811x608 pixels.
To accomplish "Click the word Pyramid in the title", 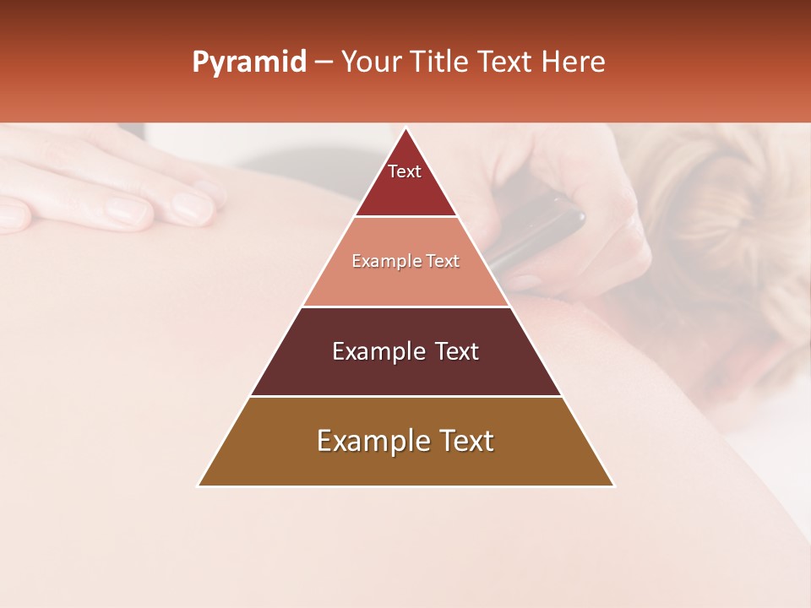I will pyautogui.click(x=249, y=62).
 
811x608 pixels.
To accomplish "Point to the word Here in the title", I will pyautogui.click(x=574, y=62).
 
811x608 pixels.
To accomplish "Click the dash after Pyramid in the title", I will pyautogui.click(x=323, y=62).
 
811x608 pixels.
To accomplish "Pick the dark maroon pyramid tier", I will pyautogui.click(x=405, y=372).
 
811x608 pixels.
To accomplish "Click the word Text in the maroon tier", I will pyautogui.click(x=453, y=351).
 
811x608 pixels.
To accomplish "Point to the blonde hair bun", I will pyautogui.click(x=710, y=194).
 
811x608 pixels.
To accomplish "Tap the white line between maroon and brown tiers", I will pyautogui.click(x=405, y=396).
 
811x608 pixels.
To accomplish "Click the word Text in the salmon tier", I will pyautogui.click(x=444, y=262).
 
